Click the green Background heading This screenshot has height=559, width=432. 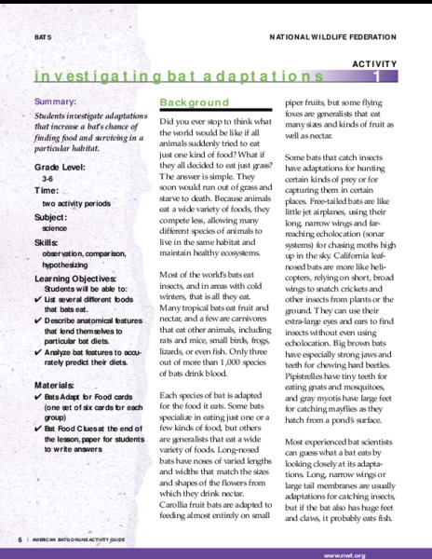coord(194,102)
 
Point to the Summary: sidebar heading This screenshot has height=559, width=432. coord(56,100)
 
